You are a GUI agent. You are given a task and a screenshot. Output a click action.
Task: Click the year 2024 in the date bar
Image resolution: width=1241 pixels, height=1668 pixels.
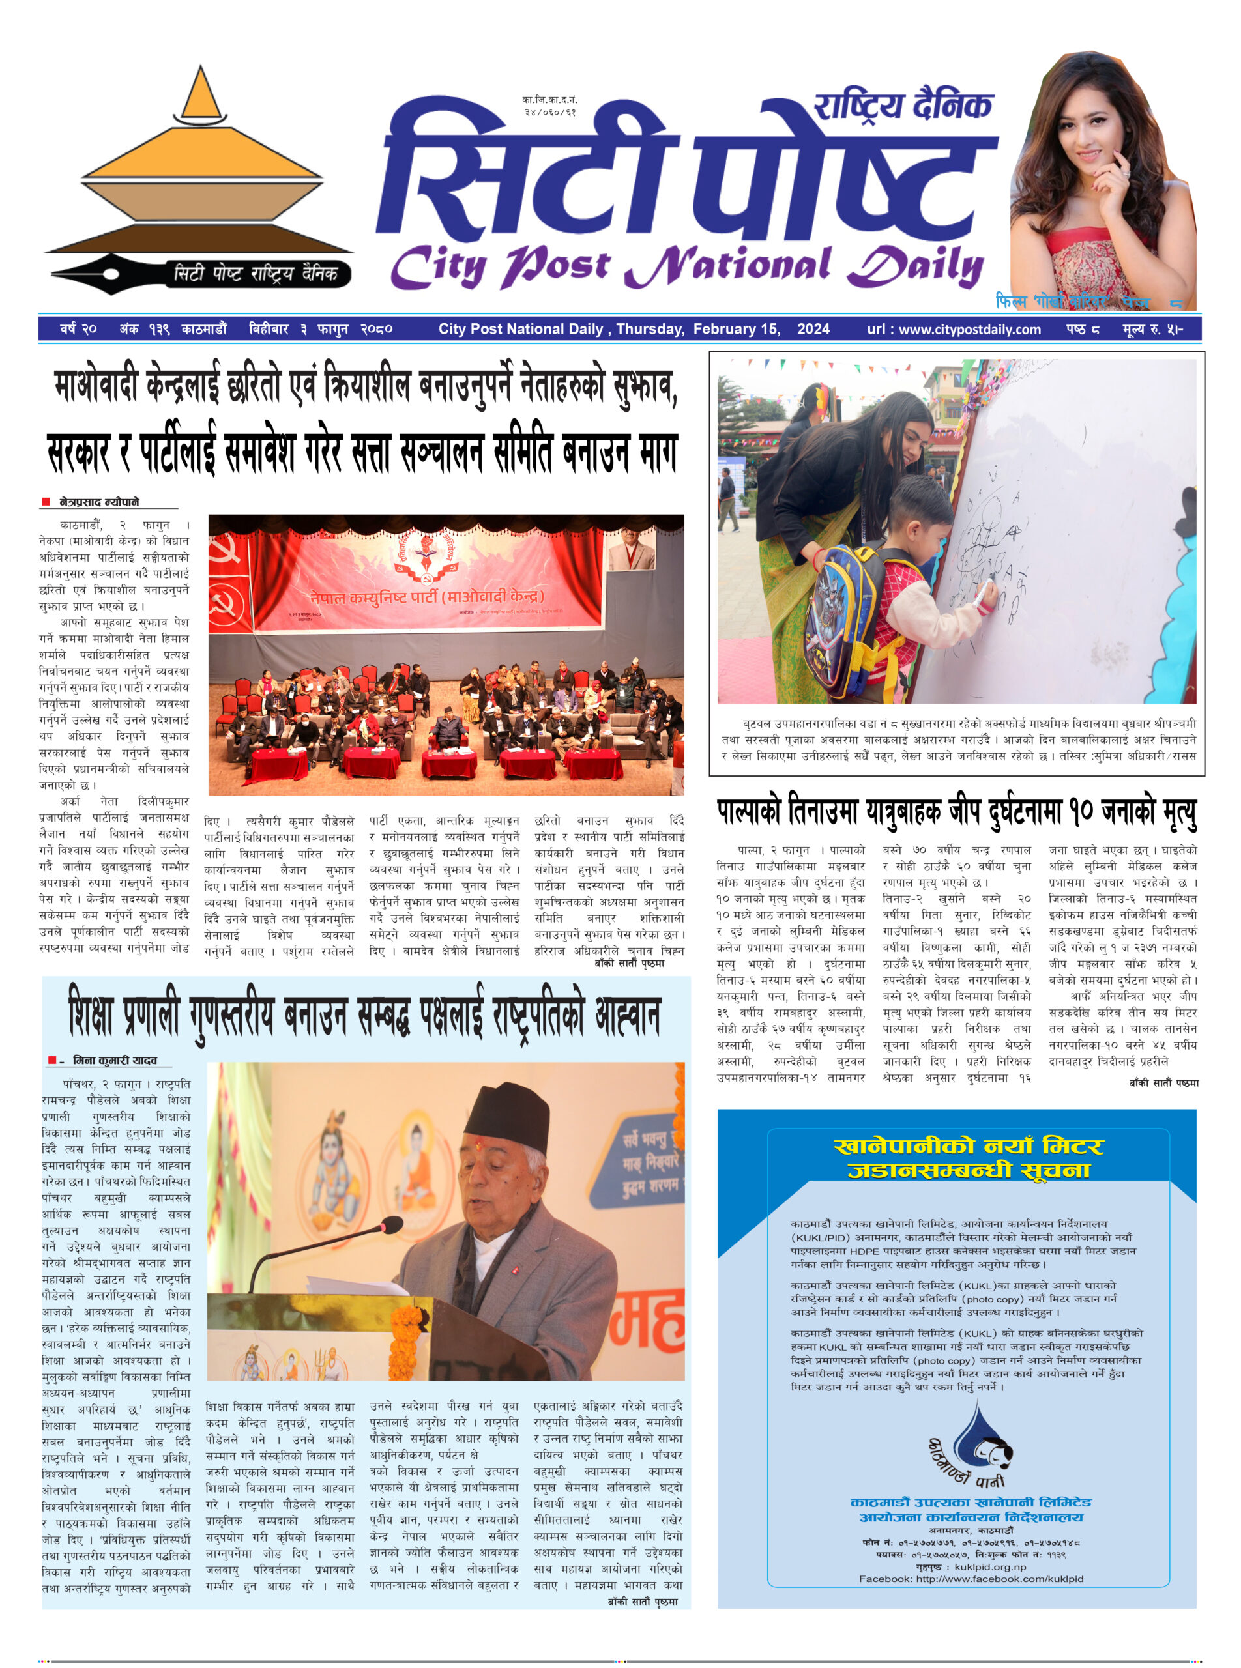[x=813, y=329]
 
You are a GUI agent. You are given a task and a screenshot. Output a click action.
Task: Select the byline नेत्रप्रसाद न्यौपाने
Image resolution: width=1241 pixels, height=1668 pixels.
[x=99, y=502]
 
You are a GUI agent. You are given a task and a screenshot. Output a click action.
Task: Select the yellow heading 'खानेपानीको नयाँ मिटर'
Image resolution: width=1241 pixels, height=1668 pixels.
[x=969, y=1147]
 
